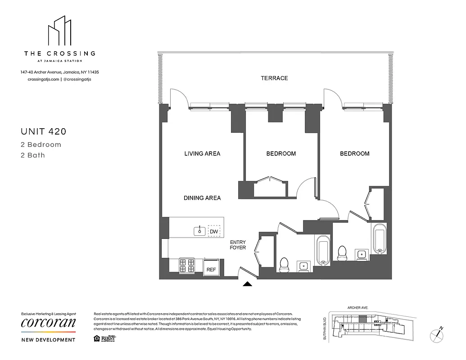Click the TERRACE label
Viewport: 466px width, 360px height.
pyautogui.click(x=274, y=78)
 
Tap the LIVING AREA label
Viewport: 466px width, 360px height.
pyautogui.click(x=202, y=153)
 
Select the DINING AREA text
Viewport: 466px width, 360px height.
pyautogui.click(x=202, y=198)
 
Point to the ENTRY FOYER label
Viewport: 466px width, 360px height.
pyautogui.click(x=238, y=245)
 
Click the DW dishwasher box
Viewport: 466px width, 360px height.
pyautogui.click(x=214, y=231)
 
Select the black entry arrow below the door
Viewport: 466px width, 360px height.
pyautogui.click(x=247, y=284)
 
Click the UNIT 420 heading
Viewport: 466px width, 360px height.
pyautogui.click(x=44, y=132)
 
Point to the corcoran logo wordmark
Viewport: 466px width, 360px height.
pyautogui.click(x=49, y=323)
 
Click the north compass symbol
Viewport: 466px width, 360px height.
pyautogui.click(x=437, y=333)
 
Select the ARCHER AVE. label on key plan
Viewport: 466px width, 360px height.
pyautogui.click(x=358, y=307)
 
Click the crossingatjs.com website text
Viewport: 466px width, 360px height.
pyautogui.click(x=40, y=79)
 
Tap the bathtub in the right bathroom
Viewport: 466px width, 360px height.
pyautogui.click(x=379, y=238)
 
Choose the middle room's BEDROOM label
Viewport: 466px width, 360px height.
pyautogui.click(x=281, y=153)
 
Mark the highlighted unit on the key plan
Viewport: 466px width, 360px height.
pyautogui.click(x=362, y=319)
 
